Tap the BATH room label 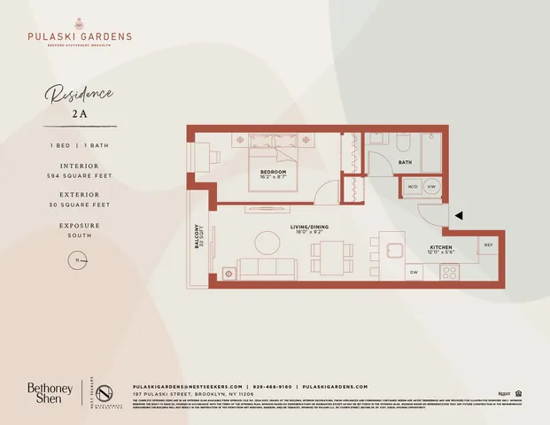tap(405, 163)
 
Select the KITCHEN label tap(442, 248)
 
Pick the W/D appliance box tap(413, 188)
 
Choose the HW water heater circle tap(431, 188)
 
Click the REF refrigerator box tap(488, 244)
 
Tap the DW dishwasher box tap(414, 273)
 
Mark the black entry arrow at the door tap(457, 214)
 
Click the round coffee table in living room tap(267, 242)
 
